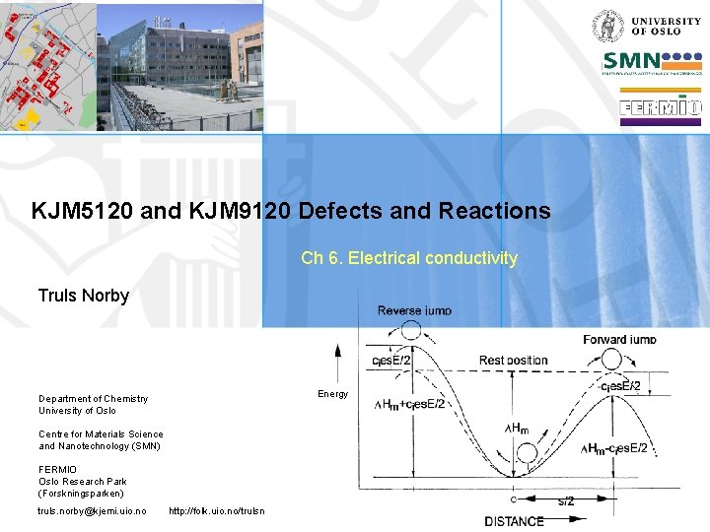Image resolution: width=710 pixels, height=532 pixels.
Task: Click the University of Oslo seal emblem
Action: click(606, 25)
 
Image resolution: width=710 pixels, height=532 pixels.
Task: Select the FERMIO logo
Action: click(660, 108)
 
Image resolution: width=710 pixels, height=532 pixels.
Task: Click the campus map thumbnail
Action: click(47, 66)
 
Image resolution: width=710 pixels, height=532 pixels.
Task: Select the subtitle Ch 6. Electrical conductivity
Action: click(408, 258)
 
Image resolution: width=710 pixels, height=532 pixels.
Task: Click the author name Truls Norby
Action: click(83, 296)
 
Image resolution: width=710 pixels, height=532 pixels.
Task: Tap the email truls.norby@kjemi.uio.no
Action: click(92, 510)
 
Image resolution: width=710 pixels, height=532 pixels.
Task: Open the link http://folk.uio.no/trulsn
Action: click(217, 510)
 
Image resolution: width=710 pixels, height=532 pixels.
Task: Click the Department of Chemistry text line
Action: click(94, 398)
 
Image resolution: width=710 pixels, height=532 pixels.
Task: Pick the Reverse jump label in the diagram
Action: click(414, 310)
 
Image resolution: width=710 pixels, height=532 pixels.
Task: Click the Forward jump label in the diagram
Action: click(619, 340)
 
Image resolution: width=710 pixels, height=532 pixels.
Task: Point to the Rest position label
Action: click(513, 361)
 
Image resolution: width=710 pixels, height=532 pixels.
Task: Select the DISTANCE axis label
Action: click(514, 521)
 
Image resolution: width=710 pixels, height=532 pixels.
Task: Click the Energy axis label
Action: click(332, 394)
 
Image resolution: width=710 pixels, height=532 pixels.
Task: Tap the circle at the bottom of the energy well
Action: click(527, 454)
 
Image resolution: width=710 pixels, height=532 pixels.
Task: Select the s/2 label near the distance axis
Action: click(569, 501)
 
